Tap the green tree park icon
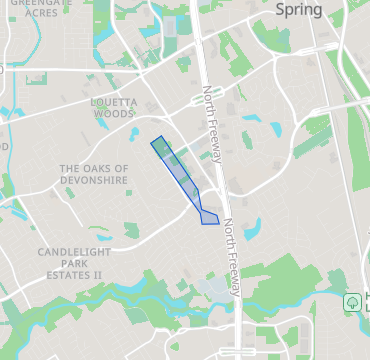(x=352, y=301)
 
